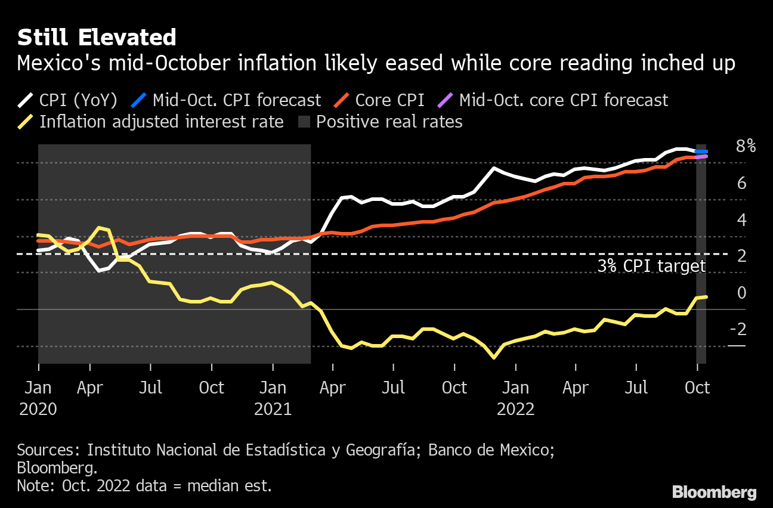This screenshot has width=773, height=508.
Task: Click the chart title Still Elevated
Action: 97,38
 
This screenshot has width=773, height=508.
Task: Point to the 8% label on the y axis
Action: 746,146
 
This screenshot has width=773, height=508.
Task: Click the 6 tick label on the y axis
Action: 741,183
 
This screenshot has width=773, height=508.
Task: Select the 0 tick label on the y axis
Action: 741,293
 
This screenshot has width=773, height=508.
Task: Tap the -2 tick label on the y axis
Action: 738,330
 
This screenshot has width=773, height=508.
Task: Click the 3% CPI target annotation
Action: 651,266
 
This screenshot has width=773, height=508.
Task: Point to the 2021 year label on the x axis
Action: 273,410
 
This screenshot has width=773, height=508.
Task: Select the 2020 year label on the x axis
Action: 38,410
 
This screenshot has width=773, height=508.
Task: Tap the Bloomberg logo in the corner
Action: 715,492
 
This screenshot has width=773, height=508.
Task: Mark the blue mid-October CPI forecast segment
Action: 701,151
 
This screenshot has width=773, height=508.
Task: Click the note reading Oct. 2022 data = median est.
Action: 144,485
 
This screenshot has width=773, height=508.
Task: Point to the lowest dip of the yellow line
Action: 494,357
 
